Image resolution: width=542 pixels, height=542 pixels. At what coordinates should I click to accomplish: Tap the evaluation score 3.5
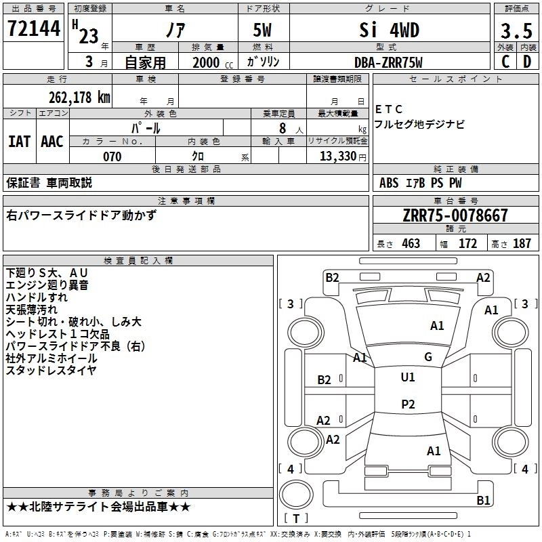[x=516, y=31]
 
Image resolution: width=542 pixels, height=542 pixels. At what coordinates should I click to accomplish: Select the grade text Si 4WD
[x=388, y=30]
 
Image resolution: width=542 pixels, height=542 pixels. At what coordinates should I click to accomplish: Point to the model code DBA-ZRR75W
[x=388, y=62]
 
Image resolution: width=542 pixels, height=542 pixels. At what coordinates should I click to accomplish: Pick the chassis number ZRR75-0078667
[x=455, y=216]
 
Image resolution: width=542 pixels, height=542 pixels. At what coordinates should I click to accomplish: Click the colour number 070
[x=112, y=157]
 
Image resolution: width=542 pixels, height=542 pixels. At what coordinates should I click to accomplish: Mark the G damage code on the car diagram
[x=428, y=357]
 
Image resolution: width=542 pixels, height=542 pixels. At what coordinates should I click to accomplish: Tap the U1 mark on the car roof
[x=408, y=377]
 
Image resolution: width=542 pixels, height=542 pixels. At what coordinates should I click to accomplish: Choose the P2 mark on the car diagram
[x=408, y=404]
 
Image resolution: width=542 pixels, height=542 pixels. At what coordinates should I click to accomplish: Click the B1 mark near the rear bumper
[x=483, y=501]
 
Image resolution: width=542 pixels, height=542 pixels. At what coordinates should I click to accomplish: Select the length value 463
[x=411, y=243]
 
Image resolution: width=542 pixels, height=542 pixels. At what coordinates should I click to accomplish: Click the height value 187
[x=522, y=243]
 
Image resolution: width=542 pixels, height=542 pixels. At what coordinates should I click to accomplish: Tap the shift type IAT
[x=19, y=141]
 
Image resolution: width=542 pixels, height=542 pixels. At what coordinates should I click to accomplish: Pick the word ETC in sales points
[x=389, y=109]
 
